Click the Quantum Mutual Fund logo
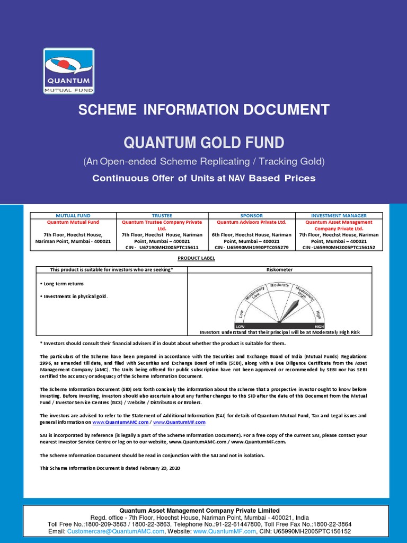[68, 72]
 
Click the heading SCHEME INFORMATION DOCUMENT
[203, 110]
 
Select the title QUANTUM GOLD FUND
[203, 143]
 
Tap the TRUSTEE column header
[162, 216]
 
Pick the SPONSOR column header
[251, 216]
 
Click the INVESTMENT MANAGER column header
[339, 216]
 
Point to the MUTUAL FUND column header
[73, 216]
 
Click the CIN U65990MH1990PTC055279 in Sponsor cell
[251, 247]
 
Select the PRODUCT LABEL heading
[203, 258]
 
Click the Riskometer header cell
[279, 269]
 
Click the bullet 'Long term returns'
[61, 284]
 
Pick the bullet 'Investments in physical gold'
[74, 296]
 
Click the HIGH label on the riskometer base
[318, 327]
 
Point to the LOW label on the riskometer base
[240, 327]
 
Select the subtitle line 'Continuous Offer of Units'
[203, 178]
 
